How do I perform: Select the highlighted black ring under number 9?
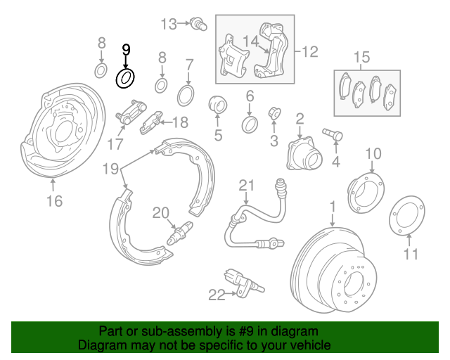point(125,77)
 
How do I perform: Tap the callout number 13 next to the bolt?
point(169,25)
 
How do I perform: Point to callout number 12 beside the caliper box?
point(310,51)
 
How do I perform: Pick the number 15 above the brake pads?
point(361,57)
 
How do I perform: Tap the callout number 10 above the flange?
point(373,153)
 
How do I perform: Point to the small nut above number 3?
point(275,112)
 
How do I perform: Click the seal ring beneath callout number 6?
point(250,125)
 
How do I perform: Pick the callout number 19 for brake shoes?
point(110,169)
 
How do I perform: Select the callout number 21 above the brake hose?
point(245,186)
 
